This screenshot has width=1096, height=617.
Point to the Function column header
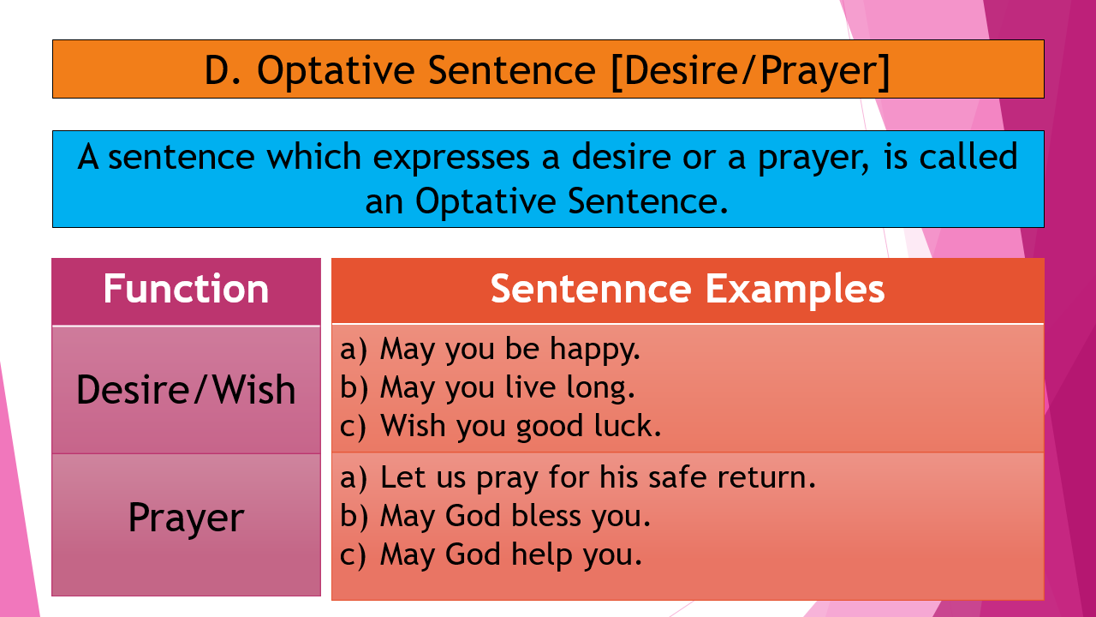(x=186, y=290)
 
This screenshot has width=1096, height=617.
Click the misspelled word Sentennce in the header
(x=590, y=290)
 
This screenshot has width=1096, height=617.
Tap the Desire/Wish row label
(x=186, y=390)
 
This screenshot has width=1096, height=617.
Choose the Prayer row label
(x=186, y=518)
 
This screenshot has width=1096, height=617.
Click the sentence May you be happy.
(x=509, y=350)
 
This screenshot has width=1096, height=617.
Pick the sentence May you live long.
(x=507, y=388)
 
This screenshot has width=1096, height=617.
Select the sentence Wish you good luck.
(x=521, y=426)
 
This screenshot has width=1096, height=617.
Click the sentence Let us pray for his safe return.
(x=598, y=477)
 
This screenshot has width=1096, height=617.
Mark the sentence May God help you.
(x=510, y=555)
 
